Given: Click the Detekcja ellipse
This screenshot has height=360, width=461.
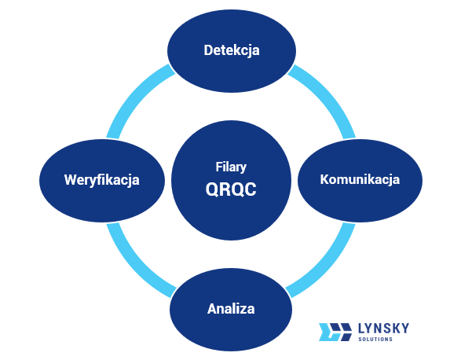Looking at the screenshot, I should [232, 51].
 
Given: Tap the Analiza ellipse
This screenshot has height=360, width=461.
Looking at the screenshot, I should [231, 307].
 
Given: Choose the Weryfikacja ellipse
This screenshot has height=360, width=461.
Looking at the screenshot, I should [102, 179].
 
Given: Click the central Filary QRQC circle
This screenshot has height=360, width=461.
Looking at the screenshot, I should [231, 179].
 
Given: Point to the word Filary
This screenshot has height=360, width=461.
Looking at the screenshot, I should [231, 167].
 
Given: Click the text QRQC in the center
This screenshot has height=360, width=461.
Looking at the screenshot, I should [231, 189].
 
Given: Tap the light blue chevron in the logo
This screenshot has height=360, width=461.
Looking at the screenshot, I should [324, 332].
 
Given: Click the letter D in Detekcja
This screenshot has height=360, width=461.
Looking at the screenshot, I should [208, 51].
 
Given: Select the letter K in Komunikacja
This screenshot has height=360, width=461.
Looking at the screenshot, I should [324, 179].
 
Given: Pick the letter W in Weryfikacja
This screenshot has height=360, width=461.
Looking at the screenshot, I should [71, 179].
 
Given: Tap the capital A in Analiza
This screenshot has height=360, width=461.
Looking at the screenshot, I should [212, 307].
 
